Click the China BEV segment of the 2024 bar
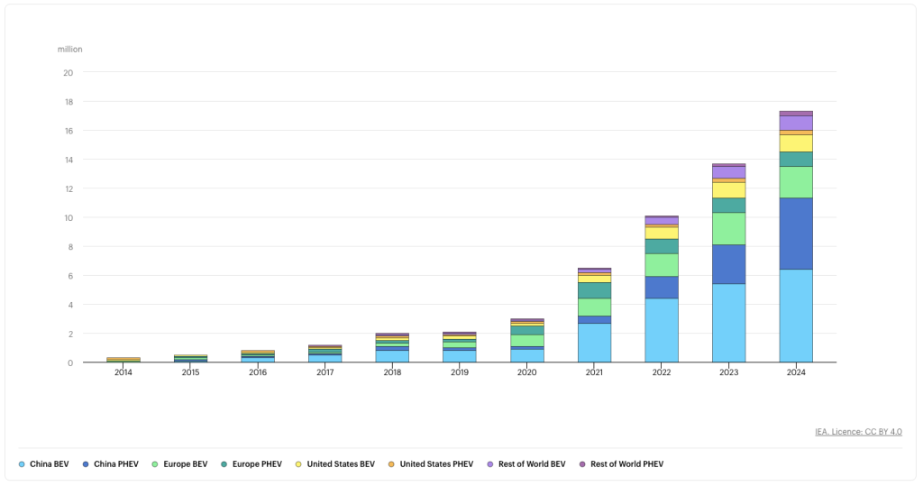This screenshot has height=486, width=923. click(796, 316)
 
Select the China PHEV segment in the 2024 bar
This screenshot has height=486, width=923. click(796, 234)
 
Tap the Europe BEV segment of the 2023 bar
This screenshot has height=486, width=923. click(728, 228)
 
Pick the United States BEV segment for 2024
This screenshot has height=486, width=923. click(796, 143)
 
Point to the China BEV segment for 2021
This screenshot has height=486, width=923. click(594, 343)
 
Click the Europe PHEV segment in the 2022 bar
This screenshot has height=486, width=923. click(662, 247)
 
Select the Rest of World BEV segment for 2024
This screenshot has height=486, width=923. click(796, 124)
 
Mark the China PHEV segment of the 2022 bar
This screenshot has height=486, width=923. click(662, 288)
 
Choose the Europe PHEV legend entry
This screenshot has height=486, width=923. click(251, 464)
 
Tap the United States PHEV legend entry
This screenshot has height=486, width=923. click(431, 464)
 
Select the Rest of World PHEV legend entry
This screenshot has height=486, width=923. click(622, 464)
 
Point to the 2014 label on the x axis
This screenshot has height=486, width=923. click(123, 372)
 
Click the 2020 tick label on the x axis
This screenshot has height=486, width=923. click(526, 372)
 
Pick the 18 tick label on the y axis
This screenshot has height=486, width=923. click(69, 102)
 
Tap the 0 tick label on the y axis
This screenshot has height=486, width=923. click(70, 362)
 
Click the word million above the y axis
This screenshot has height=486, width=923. click(70, 50)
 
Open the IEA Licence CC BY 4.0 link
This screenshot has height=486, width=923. click(858, 432)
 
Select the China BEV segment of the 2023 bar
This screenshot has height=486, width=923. click(728, 323)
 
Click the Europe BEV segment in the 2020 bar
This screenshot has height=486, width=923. click(526, 341)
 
